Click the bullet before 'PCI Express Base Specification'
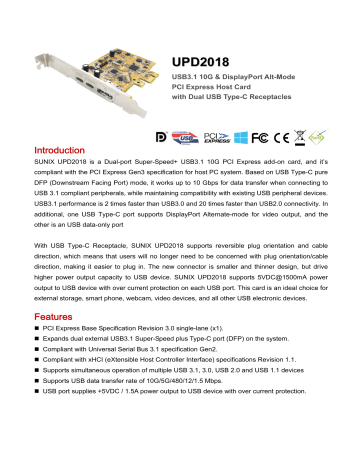23,357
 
